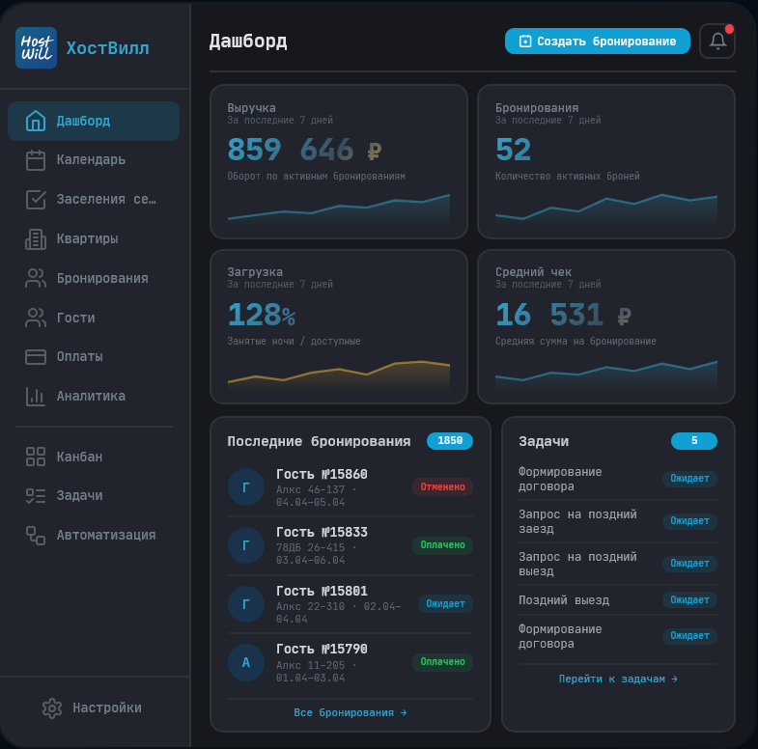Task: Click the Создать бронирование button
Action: click(x=597, y=42)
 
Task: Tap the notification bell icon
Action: click(x=717, y=42)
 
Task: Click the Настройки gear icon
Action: click(x=52, y=707)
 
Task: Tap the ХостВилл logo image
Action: click(x=36, y=47)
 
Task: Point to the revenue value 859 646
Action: click(x=290, y=151)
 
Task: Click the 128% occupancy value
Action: click(x=261, y=315)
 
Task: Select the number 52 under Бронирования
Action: click(x=514, y=151)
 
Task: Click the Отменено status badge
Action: click(x=442, y=486)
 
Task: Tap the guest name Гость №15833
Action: click(x=322, y=533)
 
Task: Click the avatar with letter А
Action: click(x=245, y=662)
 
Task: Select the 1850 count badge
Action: click(x=450, y=441)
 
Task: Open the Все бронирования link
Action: click(x=351, y=712)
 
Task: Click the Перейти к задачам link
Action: click(x=618, y=679)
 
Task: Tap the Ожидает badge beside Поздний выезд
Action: click(x=689, y=599)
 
